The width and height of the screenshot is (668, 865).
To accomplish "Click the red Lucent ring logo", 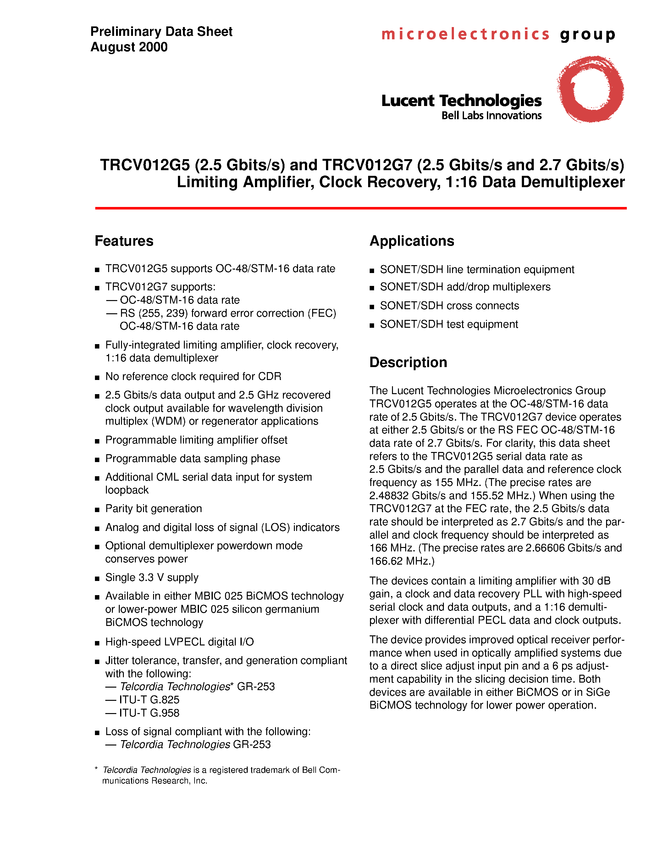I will click(590, 89).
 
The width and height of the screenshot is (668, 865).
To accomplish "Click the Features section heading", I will click(124, 241).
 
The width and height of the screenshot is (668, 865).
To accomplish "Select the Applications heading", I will click(411, 241).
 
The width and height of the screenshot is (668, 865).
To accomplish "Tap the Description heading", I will click(408, 362).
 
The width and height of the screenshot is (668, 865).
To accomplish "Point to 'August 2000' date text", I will click(129, 47).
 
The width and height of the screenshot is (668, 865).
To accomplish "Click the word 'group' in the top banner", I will click(587, 35).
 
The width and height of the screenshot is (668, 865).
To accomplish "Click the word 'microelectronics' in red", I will click(465, 34).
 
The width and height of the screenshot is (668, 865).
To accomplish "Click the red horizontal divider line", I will click(361, 208).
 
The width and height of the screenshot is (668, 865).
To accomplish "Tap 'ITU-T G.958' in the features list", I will click(149, 713).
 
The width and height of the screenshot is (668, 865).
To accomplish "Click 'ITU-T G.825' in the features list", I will click(149, 700).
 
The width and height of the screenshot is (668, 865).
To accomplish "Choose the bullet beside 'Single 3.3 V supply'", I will click(97, 579).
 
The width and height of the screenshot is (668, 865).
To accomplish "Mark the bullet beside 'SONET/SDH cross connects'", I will click(372, 307).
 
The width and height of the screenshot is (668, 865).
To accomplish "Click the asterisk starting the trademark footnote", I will click(96, 769).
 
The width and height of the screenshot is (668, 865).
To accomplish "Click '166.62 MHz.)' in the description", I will click(402, 561).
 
